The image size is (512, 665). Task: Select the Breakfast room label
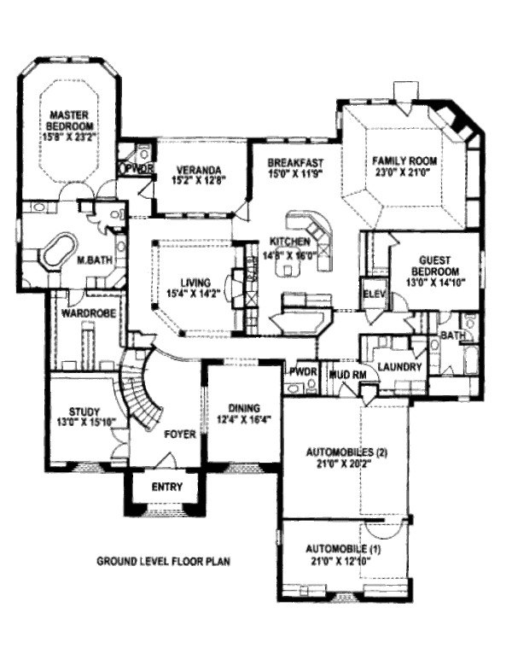pyautogui.click(x=295, y=162)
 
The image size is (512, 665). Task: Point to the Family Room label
pyautogui.click(x=404, y=160)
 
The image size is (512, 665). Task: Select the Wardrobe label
pyautogui.click(x=83, y=312)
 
